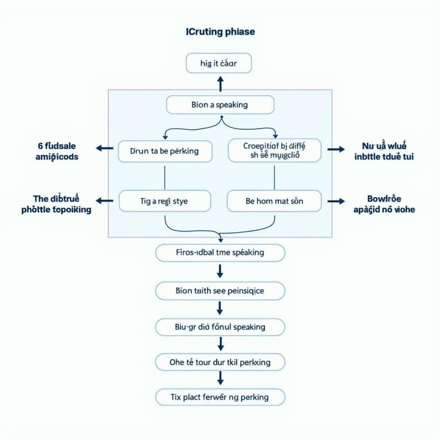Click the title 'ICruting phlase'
pyautogui.click(x=220, y=32)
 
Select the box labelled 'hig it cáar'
pyautogui.click(x=219, y=64)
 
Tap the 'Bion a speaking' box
pyautogui.click(x=220, y=105)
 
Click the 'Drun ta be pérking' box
pyautogui.click(x=165, y=151)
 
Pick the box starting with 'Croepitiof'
pyautogui.click(x=275, y=151)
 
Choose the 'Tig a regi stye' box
pyautogui.click(x=165, y=201)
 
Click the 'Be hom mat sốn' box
pyautogui.click(x=274, y=201)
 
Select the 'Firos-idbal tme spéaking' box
pyautogui.click(x=220, y=253)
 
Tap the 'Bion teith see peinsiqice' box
pyautogui.click(x=220, y=291)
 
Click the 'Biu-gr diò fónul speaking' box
pyautogui.click(x=220, y=327)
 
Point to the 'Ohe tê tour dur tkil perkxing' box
pyautogui.click(x=220, y=362)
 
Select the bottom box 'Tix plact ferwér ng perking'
pyautogui.click(x=220, y=397)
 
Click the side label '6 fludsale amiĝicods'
pyautogui.click(x=57, y=152)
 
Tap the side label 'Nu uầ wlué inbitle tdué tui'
pyautogui.click(x=384, y=152)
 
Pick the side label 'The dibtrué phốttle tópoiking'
pyautogui.click(x=56, y=204)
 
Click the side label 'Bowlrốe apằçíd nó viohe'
pyautogui.click(x=384, y=204)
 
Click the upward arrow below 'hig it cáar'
pyautogui.click(x=220, y=83)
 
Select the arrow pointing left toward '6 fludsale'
pyautogui.click(x=104, y=148)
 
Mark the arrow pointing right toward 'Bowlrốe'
pyautogui.click(x=336, y=201)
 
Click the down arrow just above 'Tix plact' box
pyautogui.click(x=220, y=378)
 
